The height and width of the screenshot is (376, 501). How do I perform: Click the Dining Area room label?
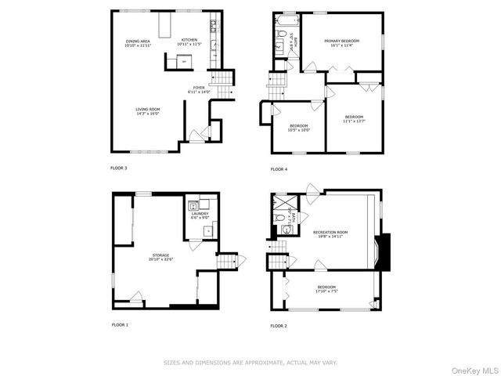137,43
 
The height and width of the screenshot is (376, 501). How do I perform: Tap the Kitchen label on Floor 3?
189,42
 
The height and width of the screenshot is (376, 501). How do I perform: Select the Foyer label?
196,90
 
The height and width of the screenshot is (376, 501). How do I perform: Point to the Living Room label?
147,111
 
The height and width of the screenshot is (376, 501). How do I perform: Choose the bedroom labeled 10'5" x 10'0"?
299,128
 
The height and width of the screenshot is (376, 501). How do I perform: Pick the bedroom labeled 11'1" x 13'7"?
353,119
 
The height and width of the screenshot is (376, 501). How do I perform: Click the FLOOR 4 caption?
279,169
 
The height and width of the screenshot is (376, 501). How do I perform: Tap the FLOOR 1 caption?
120,324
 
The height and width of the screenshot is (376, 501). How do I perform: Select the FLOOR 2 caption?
279,325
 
